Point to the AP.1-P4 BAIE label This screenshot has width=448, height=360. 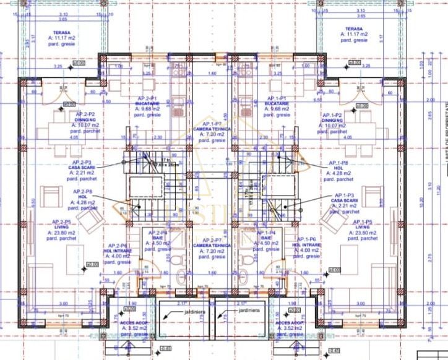click(x=267, y=238)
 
